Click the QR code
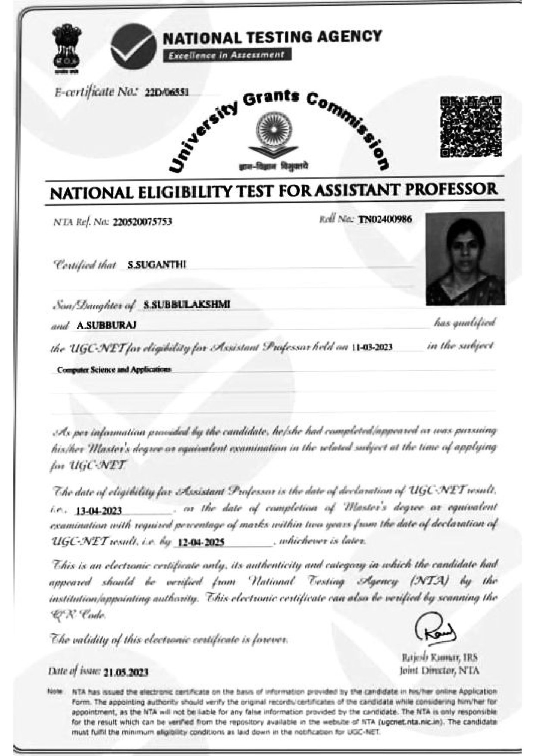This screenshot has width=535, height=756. (471, 127)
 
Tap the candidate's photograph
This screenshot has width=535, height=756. (465, 259)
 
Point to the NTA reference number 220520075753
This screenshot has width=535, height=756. (143, 222)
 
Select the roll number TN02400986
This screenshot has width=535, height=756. (385, 219)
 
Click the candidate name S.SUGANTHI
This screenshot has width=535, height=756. (156, 265)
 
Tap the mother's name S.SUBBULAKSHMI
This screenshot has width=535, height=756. (187, 304)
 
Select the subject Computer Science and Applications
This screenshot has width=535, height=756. (114, 369)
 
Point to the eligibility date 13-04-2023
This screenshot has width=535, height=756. (99, 511)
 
